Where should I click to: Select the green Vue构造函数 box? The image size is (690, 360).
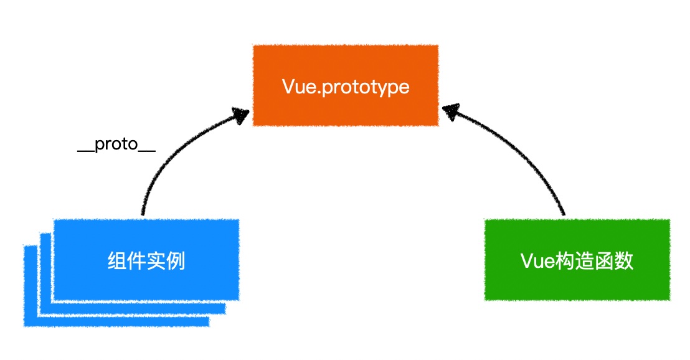click(577, 260)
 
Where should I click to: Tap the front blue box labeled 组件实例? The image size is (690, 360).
click(146, 260)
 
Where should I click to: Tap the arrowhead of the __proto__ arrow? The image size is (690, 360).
click(240, 115)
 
